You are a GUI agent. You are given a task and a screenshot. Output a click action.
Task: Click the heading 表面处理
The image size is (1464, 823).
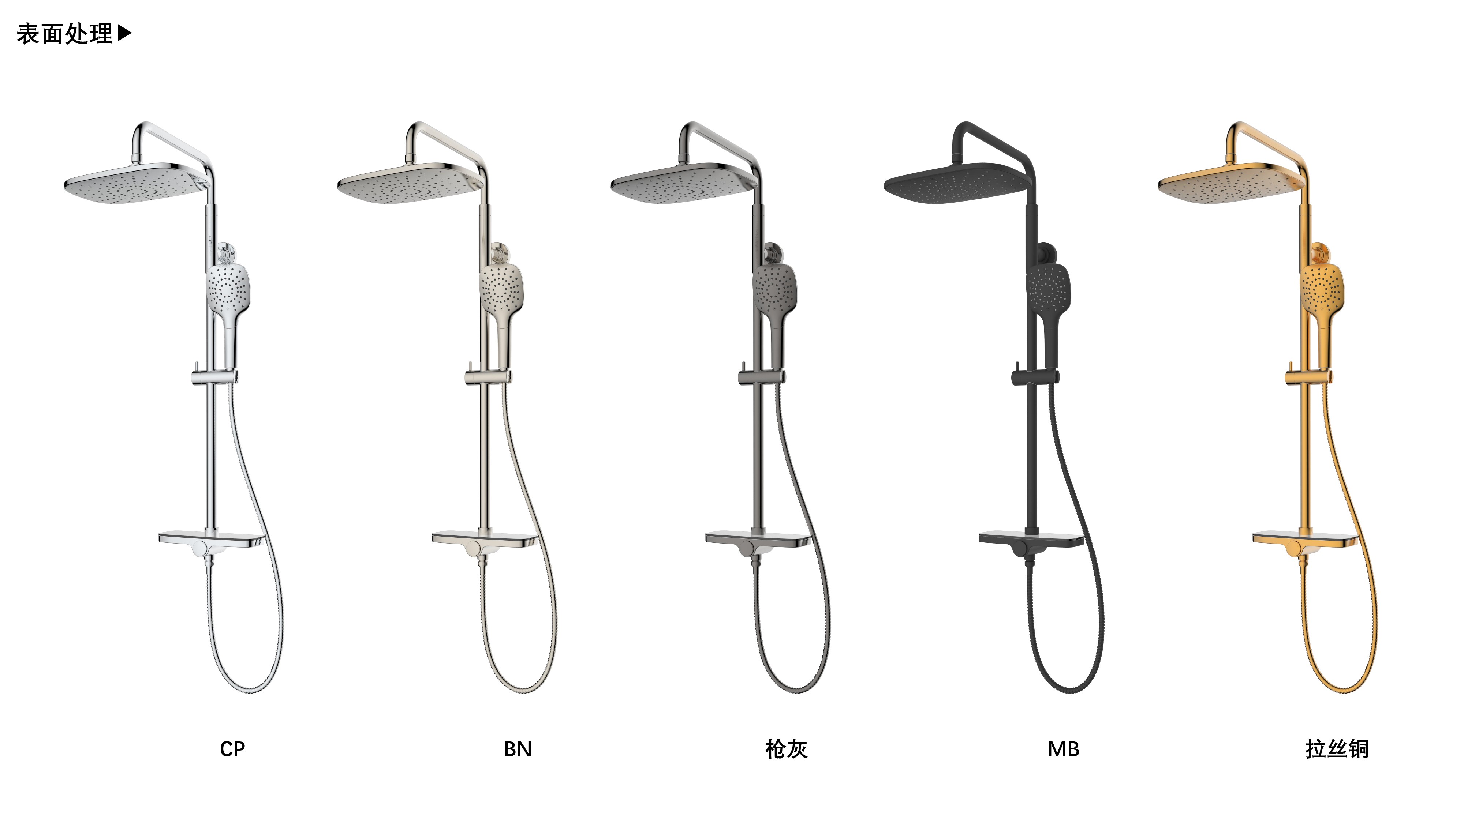pyautogui.click(x=64, y=34)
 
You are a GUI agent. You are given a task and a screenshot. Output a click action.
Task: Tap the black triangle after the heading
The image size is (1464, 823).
pyautogui.click(x=124, y=34)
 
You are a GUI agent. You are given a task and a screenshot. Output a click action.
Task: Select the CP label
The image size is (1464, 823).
pyautogui.click(x=232, y=749)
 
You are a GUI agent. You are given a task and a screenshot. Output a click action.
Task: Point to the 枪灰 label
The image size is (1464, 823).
pyautogui.click(x=787, y=749)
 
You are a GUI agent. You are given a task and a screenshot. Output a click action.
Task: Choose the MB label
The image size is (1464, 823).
pyautogui.click(x=1063, y=749)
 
